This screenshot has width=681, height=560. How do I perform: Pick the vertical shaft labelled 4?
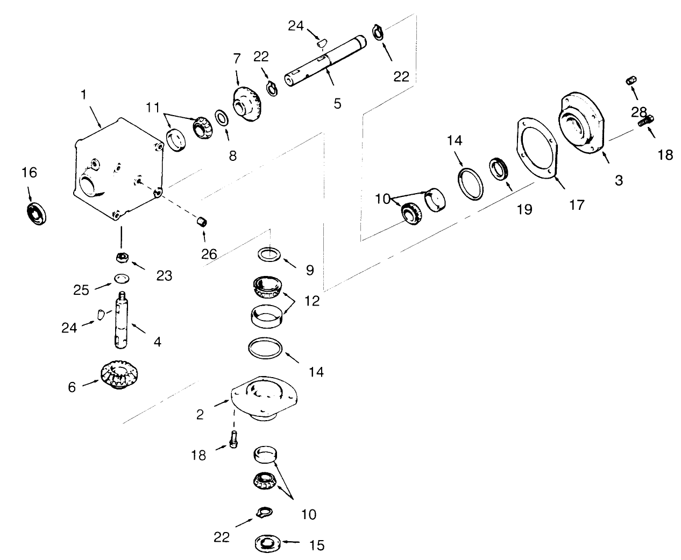122,321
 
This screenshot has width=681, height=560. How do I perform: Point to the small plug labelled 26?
202,222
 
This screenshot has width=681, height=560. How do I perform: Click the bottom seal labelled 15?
267,544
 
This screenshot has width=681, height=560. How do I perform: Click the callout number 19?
524,209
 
